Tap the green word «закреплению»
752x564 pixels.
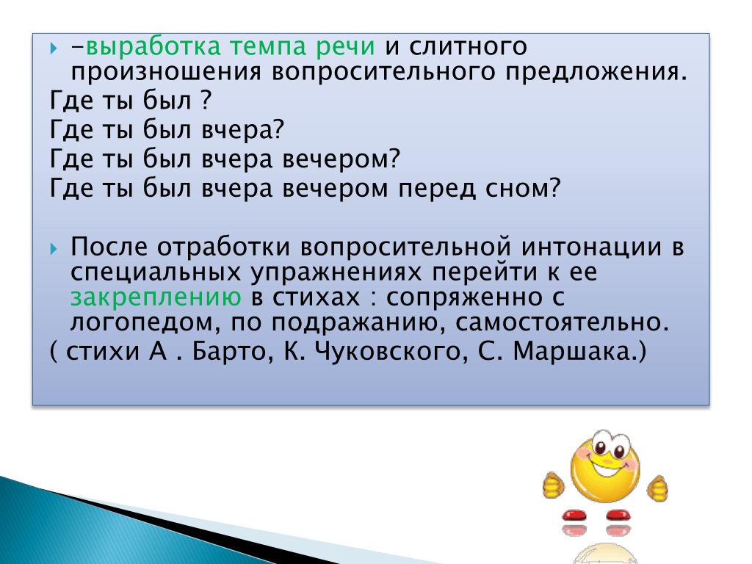(156, 298)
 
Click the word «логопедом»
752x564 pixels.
(145, 323)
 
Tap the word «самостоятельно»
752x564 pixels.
(562, 322)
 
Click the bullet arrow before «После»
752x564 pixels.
(54, 249)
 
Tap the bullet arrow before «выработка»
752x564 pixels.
(54, 48)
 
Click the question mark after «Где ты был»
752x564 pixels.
(206, 100)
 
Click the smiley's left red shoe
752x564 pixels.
(574, 515)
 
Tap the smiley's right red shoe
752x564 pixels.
(618, 515)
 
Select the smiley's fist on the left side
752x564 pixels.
(554, 485)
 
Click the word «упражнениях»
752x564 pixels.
(336, 273)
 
